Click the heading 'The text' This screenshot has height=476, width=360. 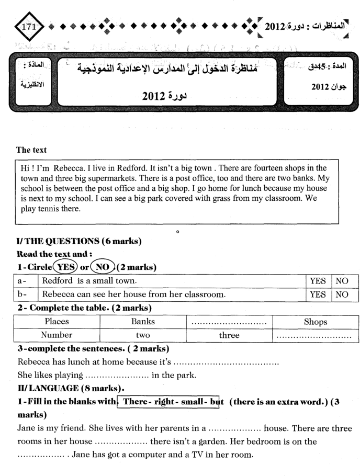31,150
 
